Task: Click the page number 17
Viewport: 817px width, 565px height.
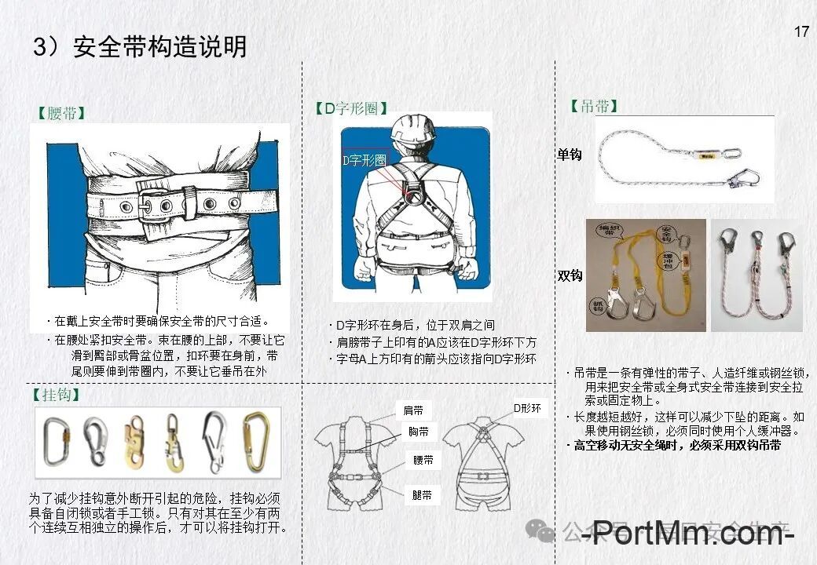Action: [x=801, y=32]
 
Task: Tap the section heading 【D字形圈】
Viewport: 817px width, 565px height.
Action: [x=350, y=109]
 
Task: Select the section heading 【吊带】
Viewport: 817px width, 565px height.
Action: [x=594, y=107]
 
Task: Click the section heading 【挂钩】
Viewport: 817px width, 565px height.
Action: [x=57, y=395]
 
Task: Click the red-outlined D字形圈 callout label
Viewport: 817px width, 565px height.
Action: [x=365, y=159]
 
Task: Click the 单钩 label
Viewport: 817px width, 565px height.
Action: [x=570, y=155]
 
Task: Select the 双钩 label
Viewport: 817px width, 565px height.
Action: [x=570, y=275]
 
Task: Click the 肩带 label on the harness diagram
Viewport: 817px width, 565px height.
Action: [x=413, y=410]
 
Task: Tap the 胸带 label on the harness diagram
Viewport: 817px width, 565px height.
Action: [x=418, y=432]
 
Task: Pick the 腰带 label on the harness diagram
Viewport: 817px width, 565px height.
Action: [x=423, y=461]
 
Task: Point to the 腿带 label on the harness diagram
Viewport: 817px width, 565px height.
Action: [x=422, y=495]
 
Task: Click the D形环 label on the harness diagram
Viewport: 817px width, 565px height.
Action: [x=527, y=408]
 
